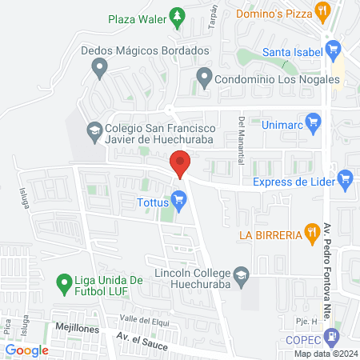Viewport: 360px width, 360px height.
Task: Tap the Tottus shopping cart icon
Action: [x=181, y=200]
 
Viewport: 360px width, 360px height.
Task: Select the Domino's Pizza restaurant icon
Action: [x=323, y=10]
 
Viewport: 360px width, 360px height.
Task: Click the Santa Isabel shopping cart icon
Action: [x=335, y=54]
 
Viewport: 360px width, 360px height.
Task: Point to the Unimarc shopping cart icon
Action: [x=313, y=124]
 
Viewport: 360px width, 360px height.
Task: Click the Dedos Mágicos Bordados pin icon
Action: [x=99, y=69]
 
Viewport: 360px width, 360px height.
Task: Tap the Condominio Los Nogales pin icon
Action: [x=204, y=79]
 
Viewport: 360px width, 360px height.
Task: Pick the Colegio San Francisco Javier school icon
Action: [x=94, y=130]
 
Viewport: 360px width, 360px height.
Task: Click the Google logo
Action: [x=26, y=350]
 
